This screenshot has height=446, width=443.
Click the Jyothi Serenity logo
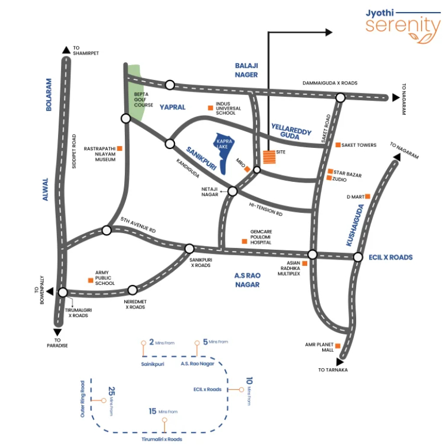click(403, 26)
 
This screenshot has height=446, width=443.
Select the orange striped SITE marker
click(269, 157)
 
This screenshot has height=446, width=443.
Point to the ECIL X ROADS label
click(391, 257)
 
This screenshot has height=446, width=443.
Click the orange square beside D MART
click(368, 196)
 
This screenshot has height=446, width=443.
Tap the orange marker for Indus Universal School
click(211, 108)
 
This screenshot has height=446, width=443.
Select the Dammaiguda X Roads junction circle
click(341, 98)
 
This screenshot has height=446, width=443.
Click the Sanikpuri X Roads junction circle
click(189, 249)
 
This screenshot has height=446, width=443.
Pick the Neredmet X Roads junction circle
click(132, 290)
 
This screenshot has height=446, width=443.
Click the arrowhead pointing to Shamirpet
click(66, 50)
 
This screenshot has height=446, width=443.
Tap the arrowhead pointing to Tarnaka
click(339, 362)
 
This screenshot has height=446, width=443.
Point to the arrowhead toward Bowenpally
click(50, 292)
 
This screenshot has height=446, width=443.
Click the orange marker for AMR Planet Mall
click(338, 346)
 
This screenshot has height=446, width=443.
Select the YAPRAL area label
click(172, 107)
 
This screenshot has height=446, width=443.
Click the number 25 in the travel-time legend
click(112, 391)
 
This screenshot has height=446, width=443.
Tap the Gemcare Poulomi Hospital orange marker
click(245, 241)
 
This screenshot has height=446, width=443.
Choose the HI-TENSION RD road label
click(266, 209)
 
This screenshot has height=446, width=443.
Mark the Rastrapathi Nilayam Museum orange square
click(120, 148)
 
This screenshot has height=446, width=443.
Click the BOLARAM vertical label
click(49, 95)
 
